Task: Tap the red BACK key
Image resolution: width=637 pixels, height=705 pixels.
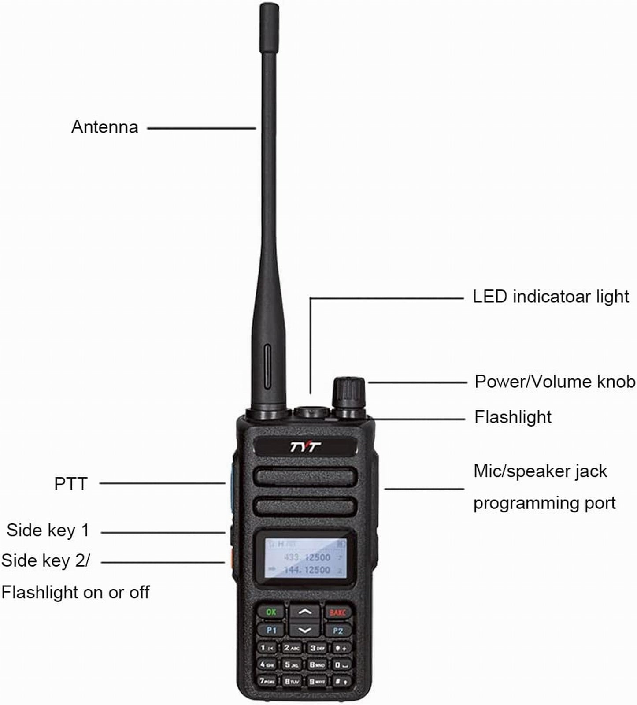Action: (337, 612)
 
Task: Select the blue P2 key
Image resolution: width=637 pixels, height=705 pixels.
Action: (338, 631)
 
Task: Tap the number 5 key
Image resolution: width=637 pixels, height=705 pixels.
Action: (291, 664)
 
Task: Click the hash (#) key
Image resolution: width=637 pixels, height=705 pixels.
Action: (341, 681)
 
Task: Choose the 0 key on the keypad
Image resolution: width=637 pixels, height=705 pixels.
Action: (341, 664)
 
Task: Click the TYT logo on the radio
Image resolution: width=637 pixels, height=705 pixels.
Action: (305, 447)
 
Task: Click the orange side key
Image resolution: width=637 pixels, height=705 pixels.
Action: (229, 557)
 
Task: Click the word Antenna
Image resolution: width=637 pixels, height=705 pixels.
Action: (105, 127)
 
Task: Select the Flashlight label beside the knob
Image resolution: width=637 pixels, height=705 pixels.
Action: (513, 417)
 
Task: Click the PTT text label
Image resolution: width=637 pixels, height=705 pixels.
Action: (70, 484)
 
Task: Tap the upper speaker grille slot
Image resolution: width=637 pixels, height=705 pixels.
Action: (305, 477)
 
